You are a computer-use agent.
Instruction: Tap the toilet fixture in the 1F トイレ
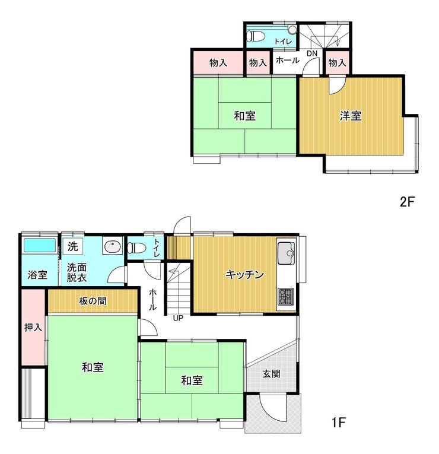tap(136, 248)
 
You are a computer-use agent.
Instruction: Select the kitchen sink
tap(286, 253)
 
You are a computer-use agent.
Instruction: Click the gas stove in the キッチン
tap(286, 297)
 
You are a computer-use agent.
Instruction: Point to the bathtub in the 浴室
tap(39, 245)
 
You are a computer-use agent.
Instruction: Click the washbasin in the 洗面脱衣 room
tap(112, 247)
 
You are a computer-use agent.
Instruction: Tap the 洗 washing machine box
tap(73, 246)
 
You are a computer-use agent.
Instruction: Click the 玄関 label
tap(272, 373)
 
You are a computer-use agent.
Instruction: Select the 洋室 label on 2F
tap(351, 116)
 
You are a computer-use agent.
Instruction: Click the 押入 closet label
tap(33, 327)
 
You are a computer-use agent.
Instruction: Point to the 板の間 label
tap(93, 301)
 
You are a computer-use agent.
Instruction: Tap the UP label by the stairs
tap(178, 318)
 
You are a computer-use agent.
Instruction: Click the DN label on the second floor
tap(312, 53)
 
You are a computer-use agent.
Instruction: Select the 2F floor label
tap(408, 202)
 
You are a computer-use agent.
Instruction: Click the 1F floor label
tap(339, 423)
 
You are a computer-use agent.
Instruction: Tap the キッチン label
tap(244, 274)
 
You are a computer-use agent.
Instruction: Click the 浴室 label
tap(37, 275)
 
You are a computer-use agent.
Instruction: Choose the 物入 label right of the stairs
tap(337, 62)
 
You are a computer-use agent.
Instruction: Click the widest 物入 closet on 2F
tap(218, 62)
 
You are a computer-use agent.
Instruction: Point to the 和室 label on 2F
tap(245, 116)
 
